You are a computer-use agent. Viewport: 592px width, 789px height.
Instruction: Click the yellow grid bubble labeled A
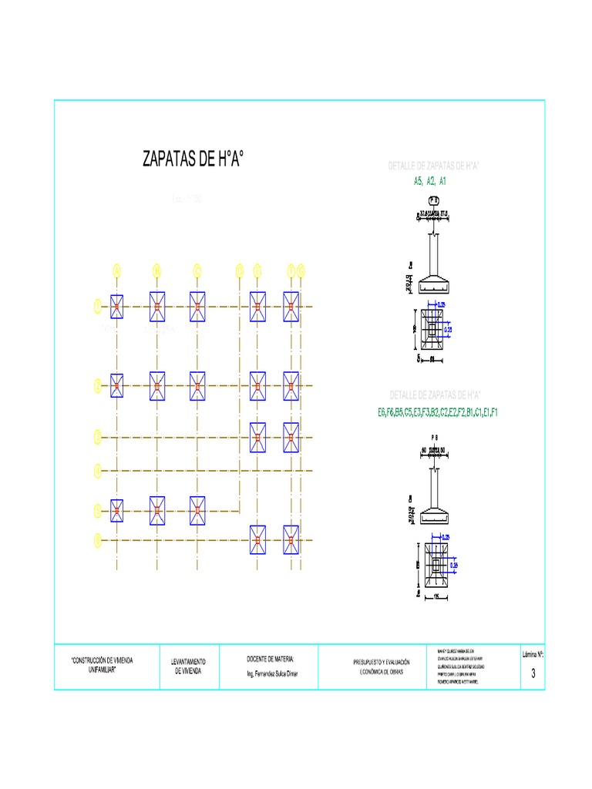117,270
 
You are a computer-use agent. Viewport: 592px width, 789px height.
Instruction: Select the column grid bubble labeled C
197,270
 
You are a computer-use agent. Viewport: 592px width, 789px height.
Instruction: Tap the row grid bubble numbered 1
98,307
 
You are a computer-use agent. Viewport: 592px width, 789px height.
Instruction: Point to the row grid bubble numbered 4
98,469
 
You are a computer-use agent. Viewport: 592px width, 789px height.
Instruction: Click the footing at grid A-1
117,307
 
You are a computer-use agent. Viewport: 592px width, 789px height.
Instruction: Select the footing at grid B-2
157,385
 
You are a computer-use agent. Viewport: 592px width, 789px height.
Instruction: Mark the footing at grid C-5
197,510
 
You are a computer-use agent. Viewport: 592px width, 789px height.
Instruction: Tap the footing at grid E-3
257,438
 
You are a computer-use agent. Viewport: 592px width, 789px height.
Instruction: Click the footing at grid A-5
117,510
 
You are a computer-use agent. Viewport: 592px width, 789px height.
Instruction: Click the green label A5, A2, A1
431,181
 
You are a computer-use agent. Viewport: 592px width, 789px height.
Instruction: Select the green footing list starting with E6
438,412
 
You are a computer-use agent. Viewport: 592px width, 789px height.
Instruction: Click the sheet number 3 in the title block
533,673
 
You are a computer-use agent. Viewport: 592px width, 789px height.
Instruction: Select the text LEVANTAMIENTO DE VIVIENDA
188,666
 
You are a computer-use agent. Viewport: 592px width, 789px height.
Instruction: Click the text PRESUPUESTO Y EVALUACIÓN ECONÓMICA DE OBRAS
381,666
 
